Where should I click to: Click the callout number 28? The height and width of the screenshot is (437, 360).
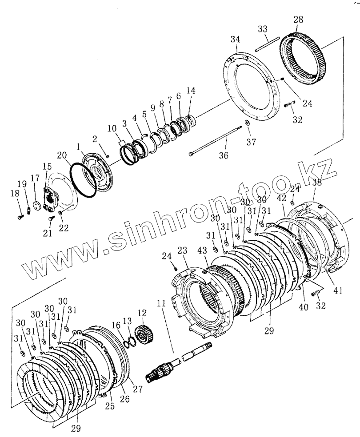pos(299,20)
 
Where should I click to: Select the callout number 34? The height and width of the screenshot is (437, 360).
pos(235,40)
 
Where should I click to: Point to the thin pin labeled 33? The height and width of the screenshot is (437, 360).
pos(267,44)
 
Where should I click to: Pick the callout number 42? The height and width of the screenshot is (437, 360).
pos(282,199)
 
